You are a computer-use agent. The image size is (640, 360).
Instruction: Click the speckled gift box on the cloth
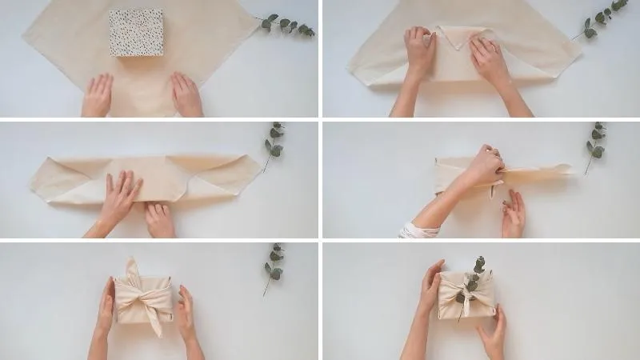[136, 32]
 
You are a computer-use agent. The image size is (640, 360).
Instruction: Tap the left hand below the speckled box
[98, 96]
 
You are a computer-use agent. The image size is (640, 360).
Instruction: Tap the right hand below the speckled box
[186, 94]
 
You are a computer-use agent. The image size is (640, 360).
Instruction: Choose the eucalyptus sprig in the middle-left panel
[274, 144]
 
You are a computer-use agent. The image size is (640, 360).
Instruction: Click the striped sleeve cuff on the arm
[418, 231]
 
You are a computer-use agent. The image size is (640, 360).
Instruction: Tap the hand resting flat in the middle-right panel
[513, 214]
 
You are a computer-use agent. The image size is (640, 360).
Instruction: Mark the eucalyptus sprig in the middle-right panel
[596, 144]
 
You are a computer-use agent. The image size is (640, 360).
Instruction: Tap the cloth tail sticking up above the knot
[133, 268]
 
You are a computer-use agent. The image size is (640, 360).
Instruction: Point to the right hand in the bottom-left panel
[186, 312]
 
